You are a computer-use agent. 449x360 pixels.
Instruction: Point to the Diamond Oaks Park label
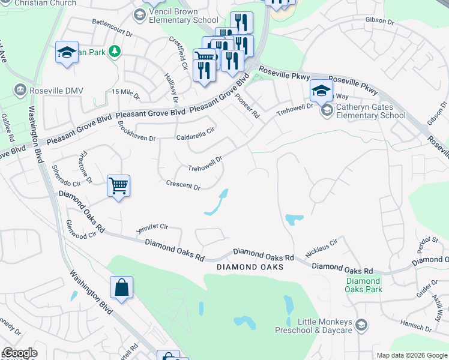pyautogui.click(x=363, y=285)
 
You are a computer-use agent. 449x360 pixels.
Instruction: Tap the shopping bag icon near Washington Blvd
pyautogui.click(x=122, y=287)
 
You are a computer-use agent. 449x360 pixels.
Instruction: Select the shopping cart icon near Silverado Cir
pyautogui.click(x=119, y=186)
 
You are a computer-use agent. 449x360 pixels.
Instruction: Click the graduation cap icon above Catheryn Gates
pyautogui.click(x=321, y=91)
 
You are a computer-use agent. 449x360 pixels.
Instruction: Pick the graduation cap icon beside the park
pyautogui.click(x=67, y=52)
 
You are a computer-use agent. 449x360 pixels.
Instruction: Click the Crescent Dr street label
pyautogui.click(x=182, y=186)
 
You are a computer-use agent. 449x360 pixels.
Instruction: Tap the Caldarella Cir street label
pyautogui.click(x=195, y=137)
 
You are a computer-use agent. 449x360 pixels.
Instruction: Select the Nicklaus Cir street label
pyautogui.click(x=322, y=247)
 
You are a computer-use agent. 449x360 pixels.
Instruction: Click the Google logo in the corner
pyautogui.click(x=20, y=353)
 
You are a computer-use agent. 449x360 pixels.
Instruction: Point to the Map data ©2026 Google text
pyautogui.click(x=411, y=355)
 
